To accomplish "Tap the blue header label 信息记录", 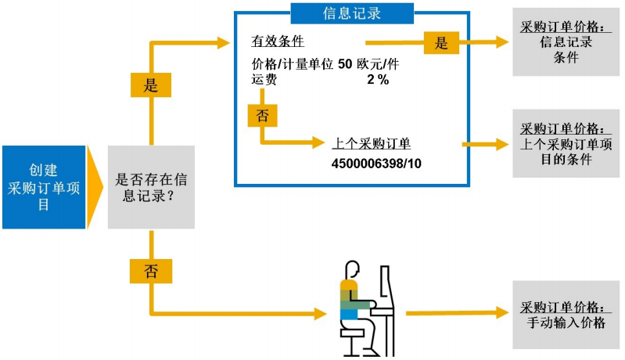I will (351, 13).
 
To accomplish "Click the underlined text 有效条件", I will (278, 41).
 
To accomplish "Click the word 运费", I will (264, 80).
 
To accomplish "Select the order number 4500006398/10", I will (375, 164).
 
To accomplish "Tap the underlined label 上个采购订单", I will (372, 145).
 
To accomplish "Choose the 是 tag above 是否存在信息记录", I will (150, 85).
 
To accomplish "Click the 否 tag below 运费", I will (262, 116).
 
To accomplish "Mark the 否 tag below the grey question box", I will (150, 271).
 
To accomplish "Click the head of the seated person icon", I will (352, 270).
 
